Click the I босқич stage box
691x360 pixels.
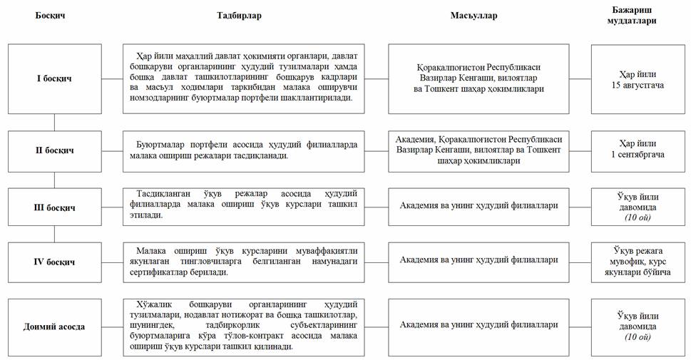coord(54,78)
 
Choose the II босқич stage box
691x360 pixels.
coord(54,150)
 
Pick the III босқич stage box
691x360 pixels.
coord(54,207)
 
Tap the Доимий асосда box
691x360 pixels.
coord(54,326)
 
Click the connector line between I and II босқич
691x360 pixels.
coord(54,122)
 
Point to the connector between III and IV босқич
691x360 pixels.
coord(54,235)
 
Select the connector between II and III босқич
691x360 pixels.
coord(54,179)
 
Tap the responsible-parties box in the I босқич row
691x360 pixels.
coord(478,78)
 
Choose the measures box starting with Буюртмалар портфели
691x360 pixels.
coord(244,150)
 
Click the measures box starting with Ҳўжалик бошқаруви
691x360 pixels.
coord(244,326)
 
